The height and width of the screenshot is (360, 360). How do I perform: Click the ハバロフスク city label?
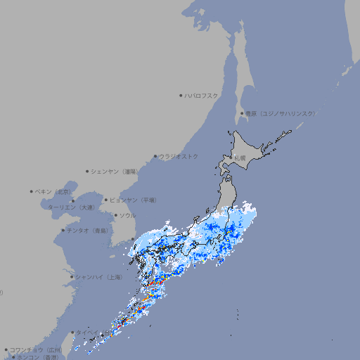pyautogui.click(x=202, y=95)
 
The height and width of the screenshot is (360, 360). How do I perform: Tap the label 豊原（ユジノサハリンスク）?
pyautogui.click(x=280, y=113)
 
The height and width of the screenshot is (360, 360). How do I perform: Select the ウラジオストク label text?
pyautogui.click(x=179, y=156)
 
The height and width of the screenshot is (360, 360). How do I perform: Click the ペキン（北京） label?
pyautogui.click(x=54, y=191)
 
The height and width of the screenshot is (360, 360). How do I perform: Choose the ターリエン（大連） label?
pyautogui.click(x=72, y=207)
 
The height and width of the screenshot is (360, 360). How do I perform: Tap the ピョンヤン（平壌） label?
pyautogui.click(x=133, y=200)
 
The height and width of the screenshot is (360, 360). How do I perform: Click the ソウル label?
pyautogui.click(x=127, y=215)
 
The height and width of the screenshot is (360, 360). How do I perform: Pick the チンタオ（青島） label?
pyautogui.click(x=88, y=230)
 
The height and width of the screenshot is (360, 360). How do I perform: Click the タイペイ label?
pyautogui.click(x=88, y=332)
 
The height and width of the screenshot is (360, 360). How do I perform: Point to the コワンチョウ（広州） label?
pyautogui.click(x=36, y=349)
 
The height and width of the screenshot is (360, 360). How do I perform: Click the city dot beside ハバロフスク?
pyautogui.click(x=181, y=95)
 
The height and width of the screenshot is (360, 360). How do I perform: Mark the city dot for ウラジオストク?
pyautogui.click(x=155, y=156)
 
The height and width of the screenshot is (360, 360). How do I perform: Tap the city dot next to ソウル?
pyautogui.click(x=115, y=215)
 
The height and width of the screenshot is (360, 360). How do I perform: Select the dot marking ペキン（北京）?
pyautogui.click(x=32, y=191)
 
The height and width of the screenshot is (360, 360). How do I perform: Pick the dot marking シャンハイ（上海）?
pyautogui.click(x=72, y=277)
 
